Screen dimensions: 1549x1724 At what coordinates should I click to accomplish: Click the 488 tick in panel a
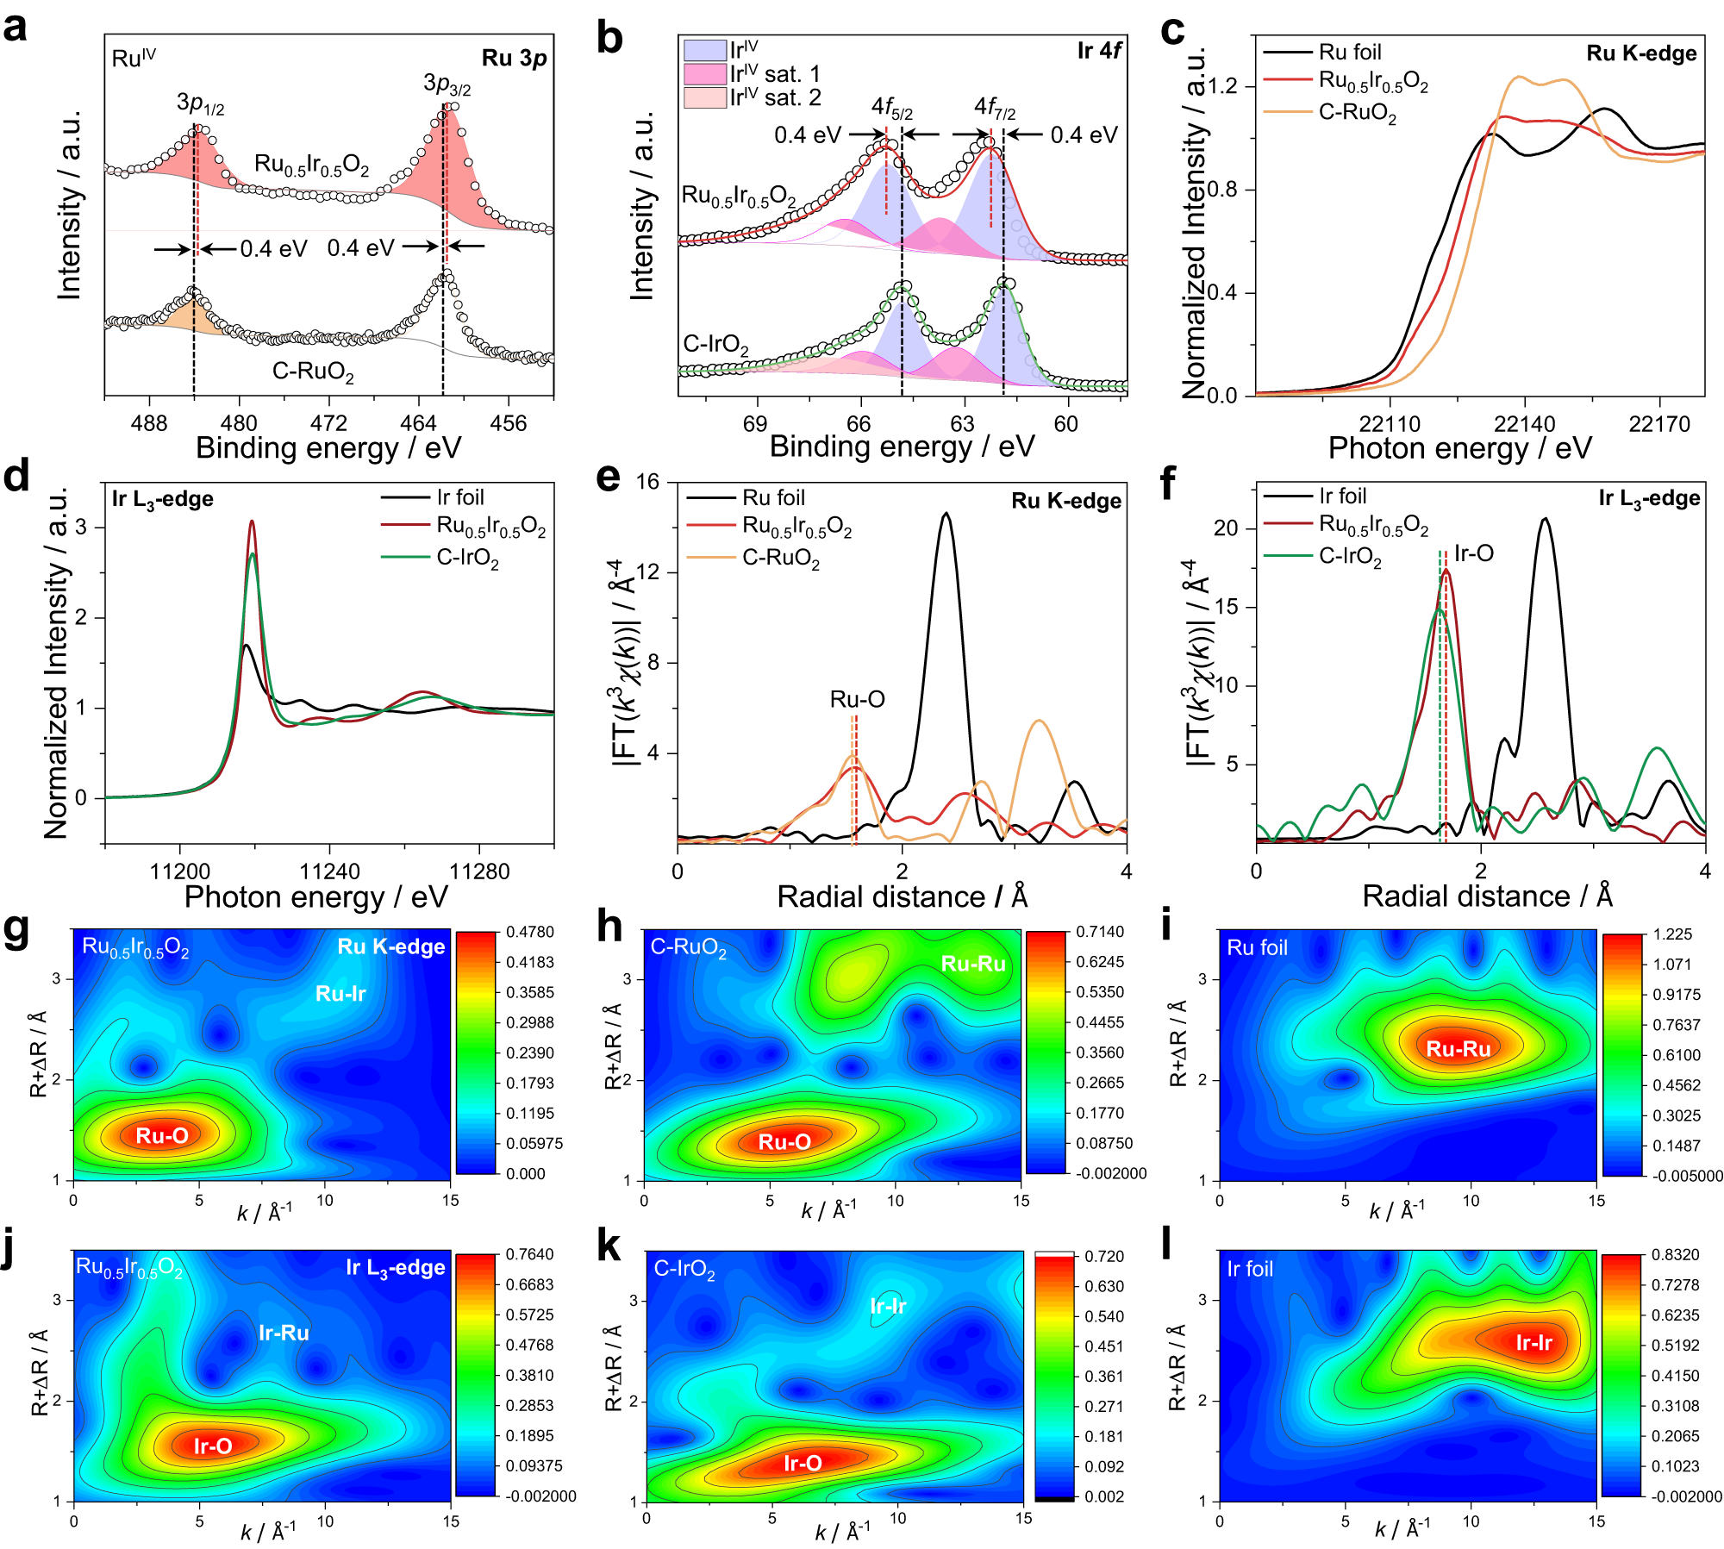pyautogui.click(x=149, y=423)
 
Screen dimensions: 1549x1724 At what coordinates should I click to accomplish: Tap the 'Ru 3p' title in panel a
pyautogui.click(x=514, y=58)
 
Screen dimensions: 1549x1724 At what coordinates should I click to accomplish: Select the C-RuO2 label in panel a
pyautogui.click(x=313, y=372)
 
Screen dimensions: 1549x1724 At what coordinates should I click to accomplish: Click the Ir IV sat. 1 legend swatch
pyautogui.click(x=704, y=74)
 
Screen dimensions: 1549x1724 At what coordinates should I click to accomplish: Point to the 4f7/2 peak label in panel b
pyautogui.click(x=994, y=107)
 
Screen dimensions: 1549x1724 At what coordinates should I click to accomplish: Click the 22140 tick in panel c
pyautogui.click(x=1524, y=424)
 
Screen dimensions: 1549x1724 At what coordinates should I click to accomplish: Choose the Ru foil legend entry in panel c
pyautogui.click(x=1350, y=52)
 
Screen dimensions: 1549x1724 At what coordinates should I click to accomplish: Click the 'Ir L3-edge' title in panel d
pyautogui.click(x=162, y=499)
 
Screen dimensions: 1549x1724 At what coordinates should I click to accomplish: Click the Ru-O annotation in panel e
pyautogui.click(x=857, y=699)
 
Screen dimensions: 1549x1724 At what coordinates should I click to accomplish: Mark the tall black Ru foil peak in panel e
pyautogui.click(x=946, y=515)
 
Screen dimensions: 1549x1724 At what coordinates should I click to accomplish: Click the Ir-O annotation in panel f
pyautogui.click(x=1473, y=553)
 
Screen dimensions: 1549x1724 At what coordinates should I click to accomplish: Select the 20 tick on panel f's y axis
pyautogui.click(x=1226, y=528)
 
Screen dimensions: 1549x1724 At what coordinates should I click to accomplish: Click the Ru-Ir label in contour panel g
pyautogui.click(x=340, y=993)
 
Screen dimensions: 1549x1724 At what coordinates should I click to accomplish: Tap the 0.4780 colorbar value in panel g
pyautogui.click(x=530, y=932)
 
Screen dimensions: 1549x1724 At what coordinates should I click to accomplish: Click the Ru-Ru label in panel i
pyautogui.click(x=1459, y=1048)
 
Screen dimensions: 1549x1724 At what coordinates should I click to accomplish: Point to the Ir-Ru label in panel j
pyautogui.click(x=284, y=1333)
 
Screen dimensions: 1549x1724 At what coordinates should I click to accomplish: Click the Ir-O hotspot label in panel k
pyautogui.click(x=803, y=1463)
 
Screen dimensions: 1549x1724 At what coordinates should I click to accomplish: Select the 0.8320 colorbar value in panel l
pyautogui.click(x=1675, y=1255)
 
